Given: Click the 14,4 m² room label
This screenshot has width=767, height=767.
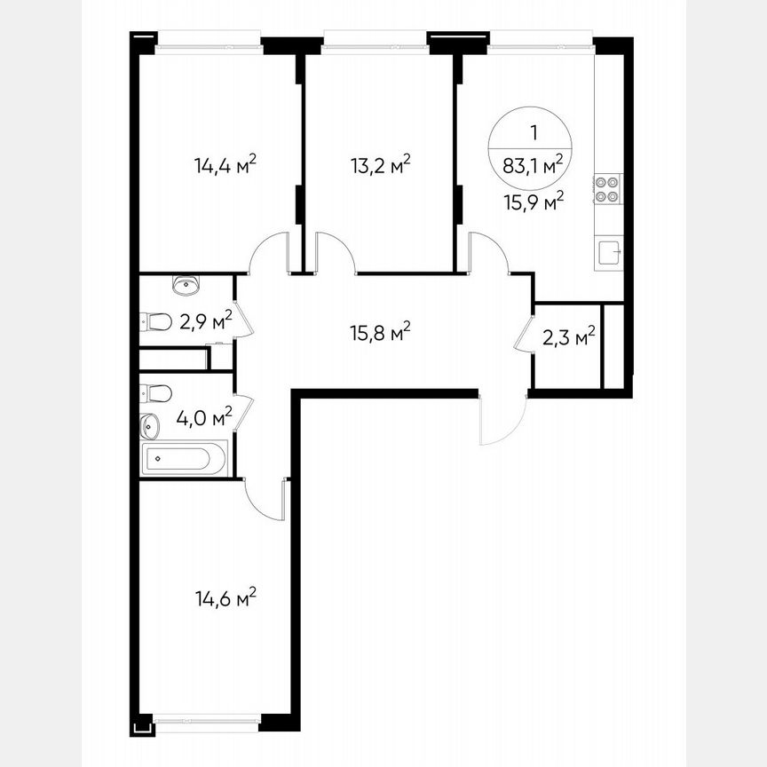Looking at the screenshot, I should [225, 165].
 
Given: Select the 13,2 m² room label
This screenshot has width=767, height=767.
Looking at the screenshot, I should [380, 165].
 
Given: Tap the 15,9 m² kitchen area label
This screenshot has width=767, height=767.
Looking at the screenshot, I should [534, 202].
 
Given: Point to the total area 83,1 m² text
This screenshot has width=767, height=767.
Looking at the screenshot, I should [534, 164].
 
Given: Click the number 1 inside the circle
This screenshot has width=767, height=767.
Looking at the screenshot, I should [534, 134].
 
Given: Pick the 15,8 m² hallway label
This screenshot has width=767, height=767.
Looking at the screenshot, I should [380, 334].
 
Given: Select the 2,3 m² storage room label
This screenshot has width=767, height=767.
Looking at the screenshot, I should [568, 337].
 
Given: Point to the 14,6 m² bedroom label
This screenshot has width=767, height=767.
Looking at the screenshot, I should [225, 597].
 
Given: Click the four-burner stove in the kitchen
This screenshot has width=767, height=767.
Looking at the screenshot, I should [607, 191].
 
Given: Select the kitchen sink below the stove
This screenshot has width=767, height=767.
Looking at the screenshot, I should [608, 254].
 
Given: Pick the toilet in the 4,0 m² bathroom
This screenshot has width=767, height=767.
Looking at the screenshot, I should [156, 392].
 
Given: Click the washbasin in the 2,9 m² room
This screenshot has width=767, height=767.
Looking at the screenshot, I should [186, 285].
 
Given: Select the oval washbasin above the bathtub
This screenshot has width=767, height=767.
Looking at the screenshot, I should [149, 426].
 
